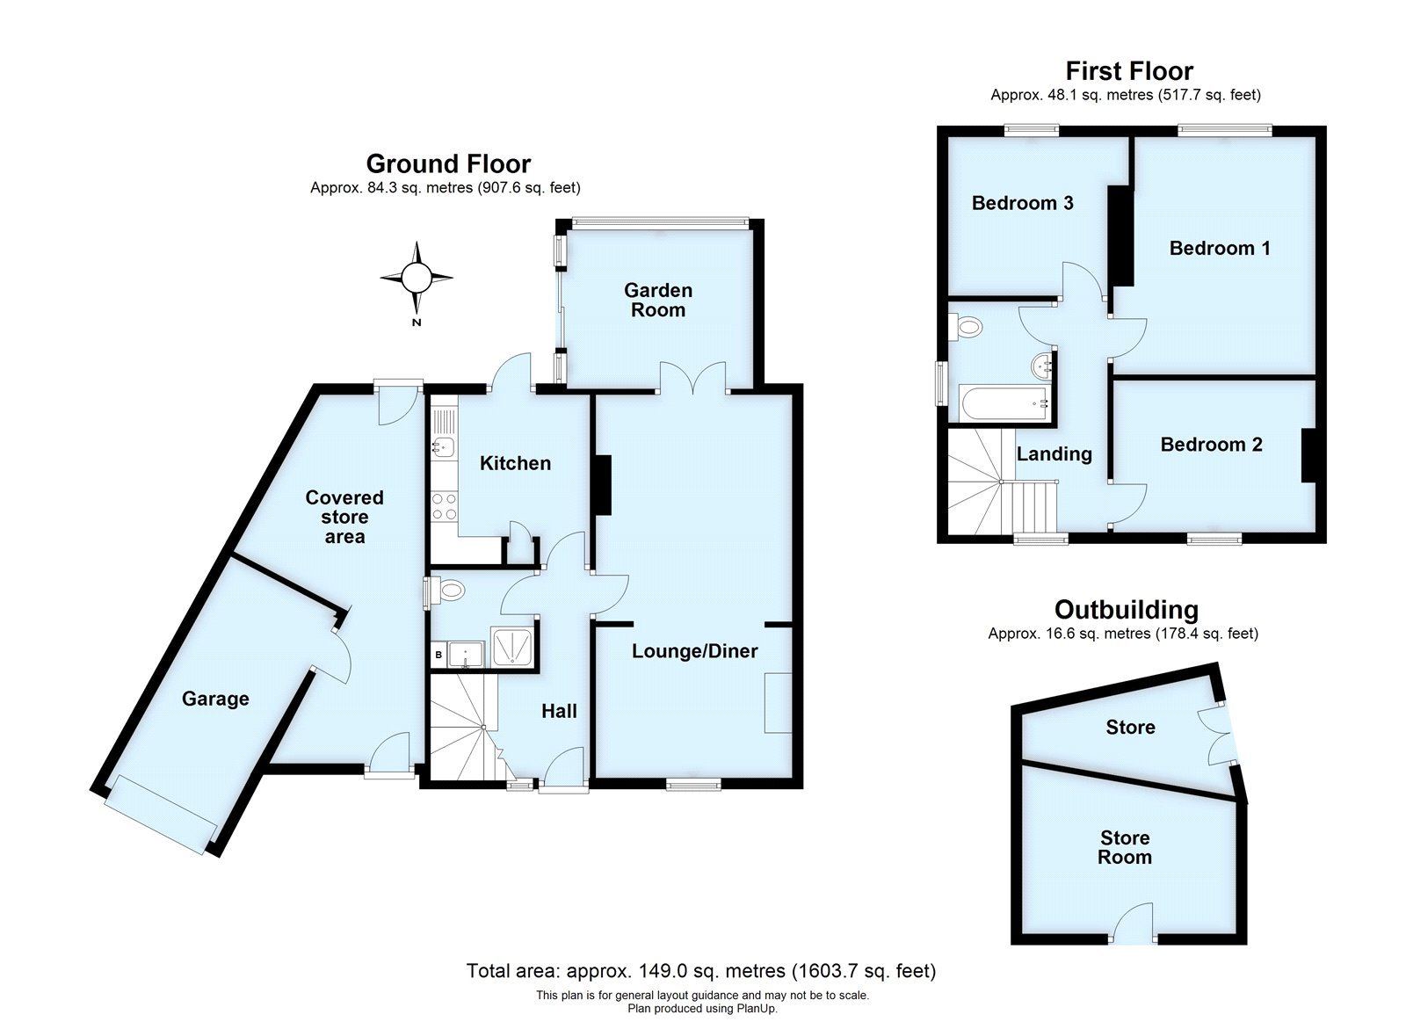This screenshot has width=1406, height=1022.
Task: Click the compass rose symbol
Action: [417, 279]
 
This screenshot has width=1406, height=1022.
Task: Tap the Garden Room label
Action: [658, 300]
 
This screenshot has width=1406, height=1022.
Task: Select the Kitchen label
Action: [515, 463]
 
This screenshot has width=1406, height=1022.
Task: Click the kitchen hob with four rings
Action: [444, 507]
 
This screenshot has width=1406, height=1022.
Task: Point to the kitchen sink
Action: [443, 447]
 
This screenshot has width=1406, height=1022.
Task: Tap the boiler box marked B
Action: [438, 655]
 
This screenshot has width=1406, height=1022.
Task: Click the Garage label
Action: [215, 699]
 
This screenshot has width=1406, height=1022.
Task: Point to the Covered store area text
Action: [344, 517]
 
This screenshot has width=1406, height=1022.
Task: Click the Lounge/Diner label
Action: [695, 651]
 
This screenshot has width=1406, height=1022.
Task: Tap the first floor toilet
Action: [968, 328]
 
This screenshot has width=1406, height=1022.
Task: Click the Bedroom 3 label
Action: [1022, 203]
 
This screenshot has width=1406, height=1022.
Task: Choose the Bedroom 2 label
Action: [1211, 445]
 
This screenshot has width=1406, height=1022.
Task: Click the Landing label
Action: [1054, 453]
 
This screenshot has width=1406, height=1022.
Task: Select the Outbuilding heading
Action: [1126, 609]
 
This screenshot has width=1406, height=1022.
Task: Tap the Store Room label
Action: [1124, 847]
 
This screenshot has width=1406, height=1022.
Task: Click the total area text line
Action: [700, 971]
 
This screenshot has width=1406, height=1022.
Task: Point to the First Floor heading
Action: [1129, 70]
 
